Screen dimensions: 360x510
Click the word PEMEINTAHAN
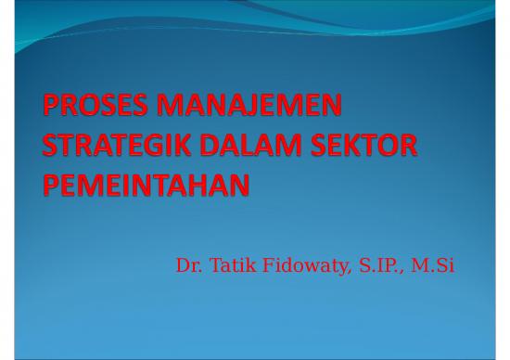click(x=147, y=186)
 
